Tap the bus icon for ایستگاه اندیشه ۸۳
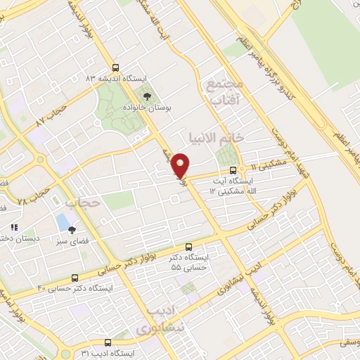[x=146, y=77]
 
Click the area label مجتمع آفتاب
[x=225, y=94]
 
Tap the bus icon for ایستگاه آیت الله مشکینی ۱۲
[x=234, y=169]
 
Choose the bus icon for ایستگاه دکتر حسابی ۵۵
[x=188, y=247]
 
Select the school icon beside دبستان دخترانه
[x=13, y=227]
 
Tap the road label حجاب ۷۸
[x=34, y=197]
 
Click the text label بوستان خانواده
[x=173, y=109]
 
